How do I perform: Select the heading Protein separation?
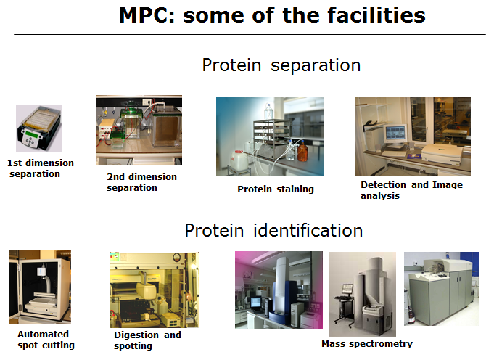click(281, 65)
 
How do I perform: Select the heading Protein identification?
click(273, 230)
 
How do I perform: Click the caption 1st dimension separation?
click(41, 168)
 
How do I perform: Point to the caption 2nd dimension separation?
click(141, 182)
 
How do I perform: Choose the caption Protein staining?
click(276, 189)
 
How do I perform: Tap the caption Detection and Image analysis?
click(411, 189)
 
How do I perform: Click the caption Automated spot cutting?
click(46, 340)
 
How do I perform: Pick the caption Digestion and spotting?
click(147, 340)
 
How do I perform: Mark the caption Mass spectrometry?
click(367, 343)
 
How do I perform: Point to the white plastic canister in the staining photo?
click(239, 161)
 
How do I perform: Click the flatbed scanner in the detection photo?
click(441, 154)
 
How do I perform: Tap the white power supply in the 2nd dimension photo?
click(104, 129)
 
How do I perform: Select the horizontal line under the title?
click(250, 34)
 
